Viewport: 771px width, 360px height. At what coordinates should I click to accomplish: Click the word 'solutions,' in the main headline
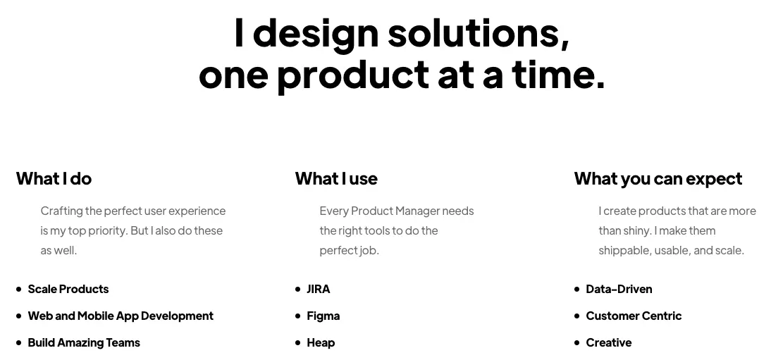[x=479, y=33]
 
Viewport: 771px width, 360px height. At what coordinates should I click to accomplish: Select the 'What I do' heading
[x=54, y=179]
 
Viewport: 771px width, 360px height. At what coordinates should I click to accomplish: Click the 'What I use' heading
[x=336, y=179]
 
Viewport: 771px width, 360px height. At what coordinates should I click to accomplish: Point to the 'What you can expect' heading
[x=658, y=179]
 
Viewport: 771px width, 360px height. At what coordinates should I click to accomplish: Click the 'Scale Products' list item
[x=68, y=289]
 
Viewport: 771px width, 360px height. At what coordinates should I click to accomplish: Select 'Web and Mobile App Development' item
[x=121, y=316]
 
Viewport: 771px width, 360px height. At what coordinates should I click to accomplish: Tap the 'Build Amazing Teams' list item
[x=84, y=342]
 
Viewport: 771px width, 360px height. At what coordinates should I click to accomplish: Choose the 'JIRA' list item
[x=319, y=289]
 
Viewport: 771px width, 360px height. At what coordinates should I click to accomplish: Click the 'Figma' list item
[x=323, y=316]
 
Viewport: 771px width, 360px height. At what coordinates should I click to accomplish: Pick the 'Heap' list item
[x=321, y=342]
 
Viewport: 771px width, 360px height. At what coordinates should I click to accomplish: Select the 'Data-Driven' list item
[x=619, y=289]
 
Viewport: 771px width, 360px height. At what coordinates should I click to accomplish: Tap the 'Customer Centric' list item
[x=634, y=316]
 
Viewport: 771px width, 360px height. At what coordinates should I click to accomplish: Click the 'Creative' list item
[x=609, y=342]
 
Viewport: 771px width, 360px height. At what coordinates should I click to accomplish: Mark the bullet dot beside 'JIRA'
[x=298, y=289]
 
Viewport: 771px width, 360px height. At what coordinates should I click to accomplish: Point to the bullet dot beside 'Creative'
[x=577, y=343]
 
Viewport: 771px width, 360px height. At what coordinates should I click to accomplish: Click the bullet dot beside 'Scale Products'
[x=19, y=289]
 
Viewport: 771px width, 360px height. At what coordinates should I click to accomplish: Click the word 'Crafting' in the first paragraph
[x=61, y=211]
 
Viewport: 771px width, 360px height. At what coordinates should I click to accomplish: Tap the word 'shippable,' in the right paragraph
[x=624, y=251]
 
